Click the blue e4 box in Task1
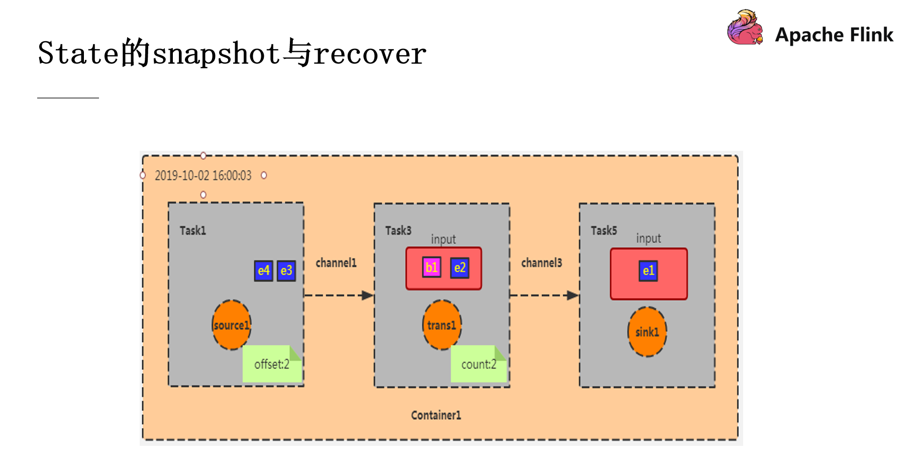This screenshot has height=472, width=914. (263, 271)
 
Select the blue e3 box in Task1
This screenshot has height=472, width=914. (286, 271)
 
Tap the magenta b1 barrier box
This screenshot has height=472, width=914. (432, 267)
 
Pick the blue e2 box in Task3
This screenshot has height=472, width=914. (460, 267)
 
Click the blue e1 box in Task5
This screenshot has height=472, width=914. (648, 271)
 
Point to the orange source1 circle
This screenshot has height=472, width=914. (231, 325)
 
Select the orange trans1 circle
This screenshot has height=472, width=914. (442, 325)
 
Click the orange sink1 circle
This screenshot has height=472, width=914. (647, 332)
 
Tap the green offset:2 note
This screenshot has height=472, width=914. (272, 364)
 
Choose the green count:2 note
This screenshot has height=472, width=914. (478, 364)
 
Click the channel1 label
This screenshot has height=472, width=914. (336, 263)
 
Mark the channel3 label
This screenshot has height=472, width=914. (542, 263)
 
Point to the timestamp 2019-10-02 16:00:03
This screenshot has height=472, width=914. (203, 175)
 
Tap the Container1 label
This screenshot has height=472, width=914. (436, 415)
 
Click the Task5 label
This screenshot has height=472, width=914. (603, 231)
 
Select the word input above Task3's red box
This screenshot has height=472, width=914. (443, 239)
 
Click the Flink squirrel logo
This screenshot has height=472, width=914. (745, 28)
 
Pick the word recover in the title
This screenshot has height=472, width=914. (370, 54)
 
